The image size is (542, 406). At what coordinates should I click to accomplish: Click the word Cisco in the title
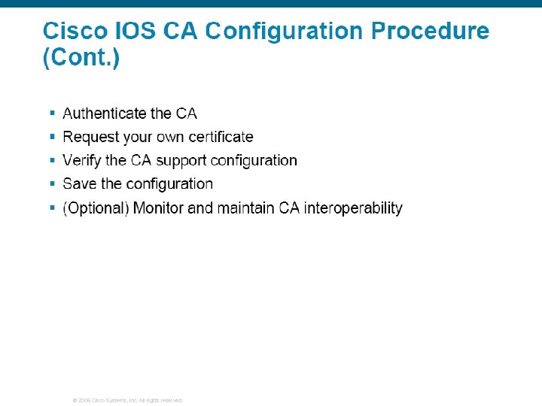coord(72,32)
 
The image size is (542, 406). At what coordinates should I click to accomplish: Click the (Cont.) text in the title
coord(81,58)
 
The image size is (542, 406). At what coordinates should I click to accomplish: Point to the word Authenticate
coord(105,114)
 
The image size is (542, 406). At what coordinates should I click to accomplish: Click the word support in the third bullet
coord(181,161)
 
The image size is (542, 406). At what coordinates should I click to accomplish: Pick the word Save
coord(80,183)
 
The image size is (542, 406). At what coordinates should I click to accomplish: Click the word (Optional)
coord(96,208)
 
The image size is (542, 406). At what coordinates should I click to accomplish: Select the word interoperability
coord(353,208)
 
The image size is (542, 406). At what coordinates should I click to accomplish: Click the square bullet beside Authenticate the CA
coord(52,113)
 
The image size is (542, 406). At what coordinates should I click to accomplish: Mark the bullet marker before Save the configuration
coord(52,183)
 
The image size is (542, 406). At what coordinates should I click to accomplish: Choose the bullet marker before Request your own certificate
coord(52,136)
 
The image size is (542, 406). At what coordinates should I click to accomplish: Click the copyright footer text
coord(127,400)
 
